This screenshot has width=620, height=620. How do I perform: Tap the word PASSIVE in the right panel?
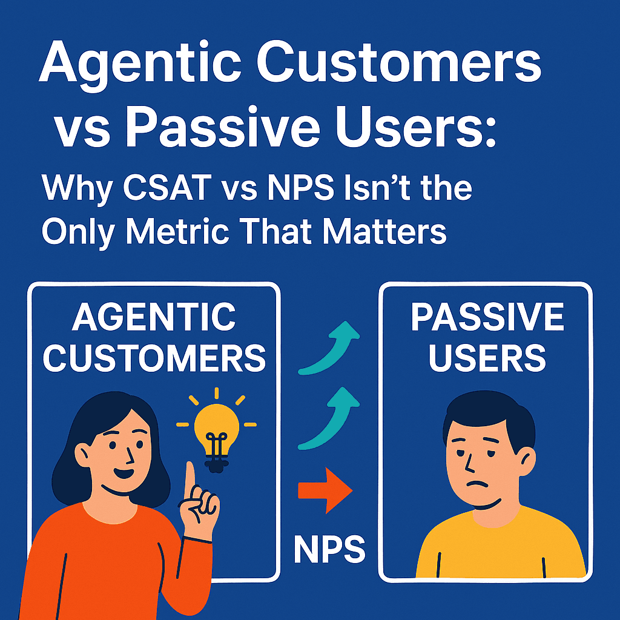(487, 317)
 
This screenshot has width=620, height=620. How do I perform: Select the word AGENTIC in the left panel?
(154, 317)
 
